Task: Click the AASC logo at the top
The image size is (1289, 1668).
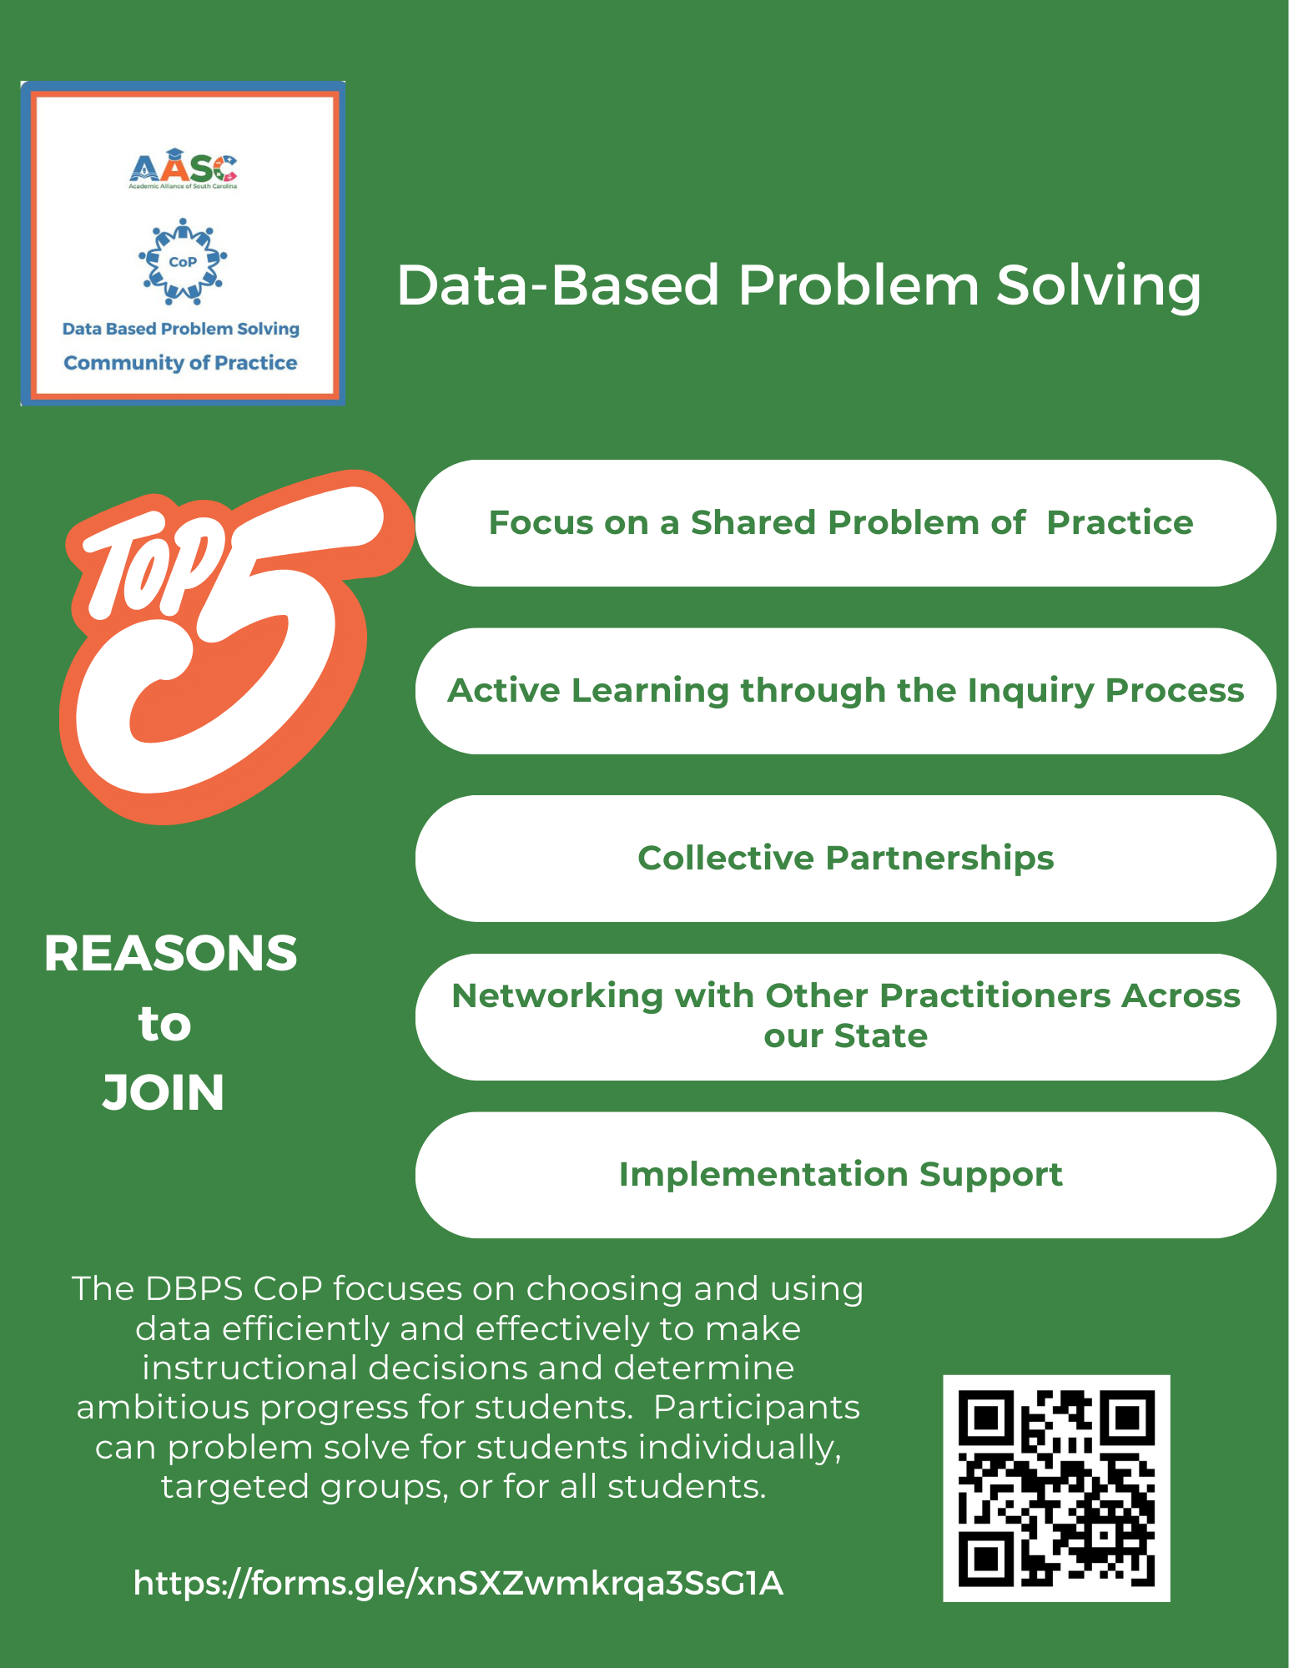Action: (183, 169)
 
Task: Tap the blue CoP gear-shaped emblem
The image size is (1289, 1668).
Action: (183, 261)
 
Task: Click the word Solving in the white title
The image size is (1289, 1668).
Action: (1099, 285)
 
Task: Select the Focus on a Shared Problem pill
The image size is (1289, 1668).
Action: (845, 523)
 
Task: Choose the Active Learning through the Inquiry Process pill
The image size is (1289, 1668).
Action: (845, 691)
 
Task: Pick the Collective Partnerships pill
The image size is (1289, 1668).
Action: (845, 859)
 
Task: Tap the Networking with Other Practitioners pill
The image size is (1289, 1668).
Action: (845, 1017)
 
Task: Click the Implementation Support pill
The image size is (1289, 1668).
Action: (845, 1175)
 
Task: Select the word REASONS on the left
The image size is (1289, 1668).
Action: (170, 954)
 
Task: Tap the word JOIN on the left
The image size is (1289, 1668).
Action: (164, 1093)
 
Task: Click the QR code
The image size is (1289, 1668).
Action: (1056, 1489)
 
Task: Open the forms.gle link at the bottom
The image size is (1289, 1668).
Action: (458, 1583)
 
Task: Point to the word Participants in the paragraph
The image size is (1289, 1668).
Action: (757, 1408)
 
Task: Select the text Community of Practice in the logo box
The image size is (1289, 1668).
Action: (180, 363)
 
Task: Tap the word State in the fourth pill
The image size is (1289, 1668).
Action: (881, 1036)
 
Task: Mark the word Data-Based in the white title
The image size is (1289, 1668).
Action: (558, 285)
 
